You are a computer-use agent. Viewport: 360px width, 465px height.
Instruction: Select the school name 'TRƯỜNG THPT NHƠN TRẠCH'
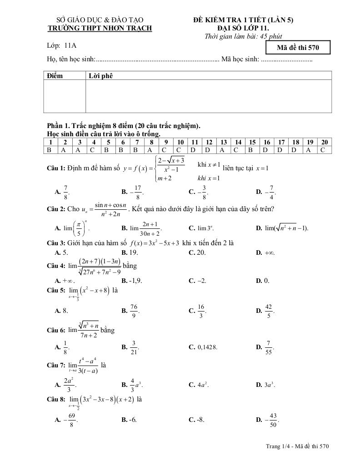(100, 28)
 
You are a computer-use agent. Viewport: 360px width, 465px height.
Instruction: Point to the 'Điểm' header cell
(55, 75)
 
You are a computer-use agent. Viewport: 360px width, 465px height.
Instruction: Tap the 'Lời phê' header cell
(100, 75)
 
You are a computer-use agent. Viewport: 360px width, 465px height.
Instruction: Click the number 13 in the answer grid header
(224, 142)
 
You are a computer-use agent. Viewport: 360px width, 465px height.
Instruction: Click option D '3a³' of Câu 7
(266, 385)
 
